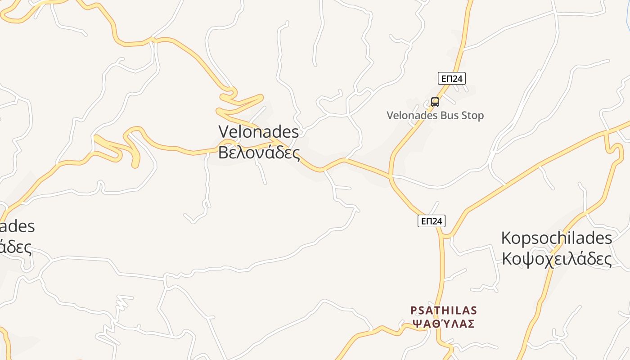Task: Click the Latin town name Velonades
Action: coord(259,132)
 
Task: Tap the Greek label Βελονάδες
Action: coord(259,152)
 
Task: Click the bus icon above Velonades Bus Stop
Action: coord(435,102)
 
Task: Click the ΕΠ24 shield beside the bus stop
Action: coord(451,79)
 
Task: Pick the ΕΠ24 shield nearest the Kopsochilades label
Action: coord(431,221)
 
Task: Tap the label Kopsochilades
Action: coord(556,238)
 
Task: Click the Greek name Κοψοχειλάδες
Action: coord(556,259)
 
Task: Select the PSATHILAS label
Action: coord(444,310)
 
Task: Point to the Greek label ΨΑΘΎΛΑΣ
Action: coord(444,324)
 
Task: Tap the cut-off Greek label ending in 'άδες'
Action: coord(16,247)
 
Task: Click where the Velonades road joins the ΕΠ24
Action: coord(391,176)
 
